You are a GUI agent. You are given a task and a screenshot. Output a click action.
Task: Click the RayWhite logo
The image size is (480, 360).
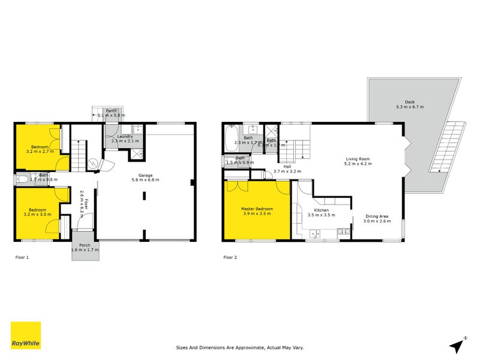(26, 335)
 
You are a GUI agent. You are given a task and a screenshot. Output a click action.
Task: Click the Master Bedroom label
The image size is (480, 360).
(257, 211)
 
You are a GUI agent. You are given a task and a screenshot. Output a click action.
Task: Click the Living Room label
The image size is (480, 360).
(356, 161)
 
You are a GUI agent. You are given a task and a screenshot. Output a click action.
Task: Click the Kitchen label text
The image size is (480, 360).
(321, 211)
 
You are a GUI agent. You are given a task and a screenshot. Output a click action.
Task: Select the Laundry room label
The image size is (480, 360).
(125, 139)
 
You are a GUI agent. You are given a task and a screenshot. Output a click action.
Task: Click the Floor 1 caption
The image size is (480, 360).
(22, 257)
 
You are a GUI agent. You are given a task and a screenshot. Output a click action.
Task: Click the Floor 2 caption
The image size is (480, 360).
(230, 257)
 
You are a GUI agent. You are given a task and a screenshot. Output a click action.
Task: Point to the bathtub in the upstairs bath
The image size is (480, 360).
(231, 139)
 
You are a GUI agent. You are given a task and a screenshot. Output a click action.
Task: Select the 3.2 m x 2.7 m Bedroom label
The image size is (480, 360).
(40, 149)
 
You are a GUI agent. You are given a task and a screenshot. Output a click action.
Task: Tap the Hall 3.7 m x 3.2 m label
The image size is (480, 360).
(287, 169)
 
